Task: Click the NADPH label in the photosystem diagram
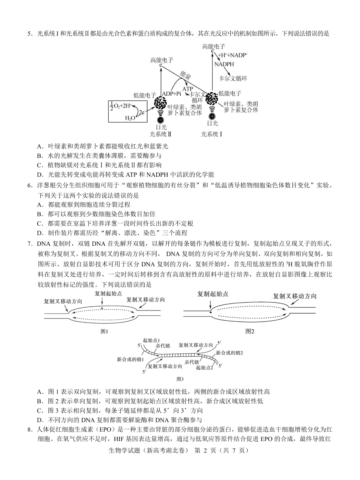[224, 64]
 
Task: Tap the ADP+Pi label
[172, 94]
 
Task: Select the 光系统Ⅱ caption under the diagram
[160, 134]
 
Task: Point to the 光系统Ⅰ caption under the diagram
[211, 134]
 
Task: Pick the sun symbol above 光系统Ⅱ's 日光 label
[161, 120]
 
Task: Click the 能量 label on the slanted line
[185, 75]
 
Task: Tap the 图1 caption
[104, 331]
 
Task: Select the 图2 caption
[250, 331]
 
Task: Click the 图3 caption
[180, 379]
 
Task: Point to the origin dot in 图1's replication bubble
[102, 308]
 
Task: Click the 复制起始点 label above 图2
[213, 294]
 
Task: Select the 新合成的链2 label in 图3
[229, 352]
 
